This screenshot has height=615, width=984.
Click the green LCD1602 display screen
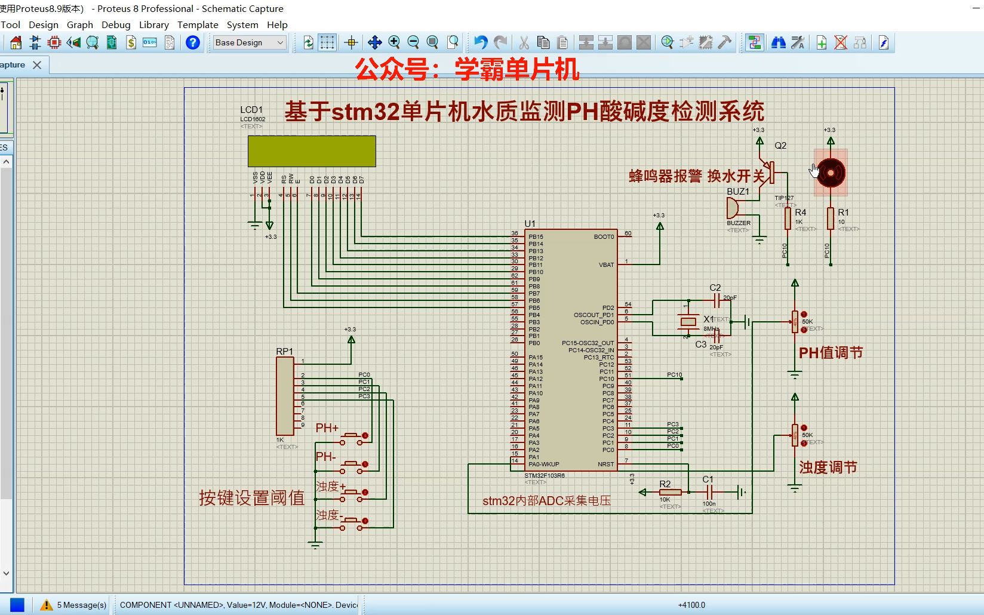coord(312,151)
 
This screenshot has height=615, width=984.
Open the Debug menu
coord(116,24)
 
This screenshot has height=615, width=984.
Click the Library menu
coord(154,24)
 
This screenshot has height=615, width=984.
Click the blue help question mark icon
coord(193,42)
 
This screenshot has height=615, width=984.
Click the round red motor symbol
coord(831,173)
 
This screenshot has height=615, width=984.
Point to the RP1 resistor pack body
coord(285,396)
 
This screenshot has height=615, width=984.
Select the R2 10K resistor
coord(670,492)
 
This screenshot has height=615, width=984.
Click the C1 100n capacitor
coord(709,492)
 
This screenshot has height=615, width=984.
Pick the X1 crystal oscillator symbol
coord(688,322)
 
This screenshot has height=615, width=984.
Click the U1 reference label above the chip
coord(530,224)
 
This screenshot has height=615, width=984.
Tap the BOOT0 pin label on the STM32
coord(604,237)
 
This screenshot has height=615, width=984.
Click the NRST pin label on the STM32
coord(605,464)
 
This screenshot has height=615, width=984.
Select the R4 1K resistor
coord(788,219)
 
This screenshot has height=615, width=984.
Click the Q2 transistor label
coord(780,146)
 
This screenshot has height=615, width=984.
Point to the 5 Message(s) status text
coord(82,605)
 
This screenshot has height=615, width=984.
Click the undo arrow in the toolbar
coord(481,42)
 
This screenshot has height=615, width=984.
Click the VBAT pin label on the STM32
coord(606,265)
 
